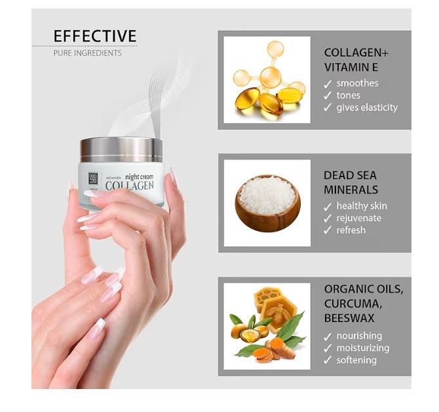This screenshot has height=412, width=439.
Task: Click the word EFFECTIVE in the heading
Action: tap(95, 36)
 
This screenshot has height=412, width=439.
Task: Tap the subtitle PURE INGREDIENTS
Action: tap(87, 53)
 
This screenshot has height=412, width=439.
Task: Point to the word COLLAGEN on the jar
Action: tap(130, 186)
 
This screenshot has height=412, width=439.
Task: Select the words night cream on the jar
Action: tap(139, 175)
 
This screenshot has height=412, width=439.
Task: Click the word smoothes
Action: tap(357, 83)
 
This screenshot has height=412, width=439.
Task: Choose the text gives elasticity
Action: tap(367, 108)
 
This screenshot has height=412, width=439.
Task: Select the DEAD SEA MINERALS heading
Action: tap(351, 183)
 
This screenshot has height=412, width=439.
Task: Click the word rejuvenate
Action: tap(358, 218)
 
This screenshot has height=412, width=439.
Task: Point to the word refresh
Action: tap(351, 230)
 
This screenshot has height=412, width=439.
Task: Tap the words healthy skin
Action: tap(361, 206)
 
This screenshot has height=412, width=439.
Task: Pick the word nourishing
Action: tap(359, 336)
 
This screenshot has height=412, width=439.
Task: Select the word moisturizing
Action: tap(362, 348)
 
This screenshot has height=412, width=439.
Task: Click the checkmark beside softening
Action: tap(328, 360)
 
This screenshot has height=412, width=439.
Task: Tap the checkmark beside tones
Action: tap(328, 96)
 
